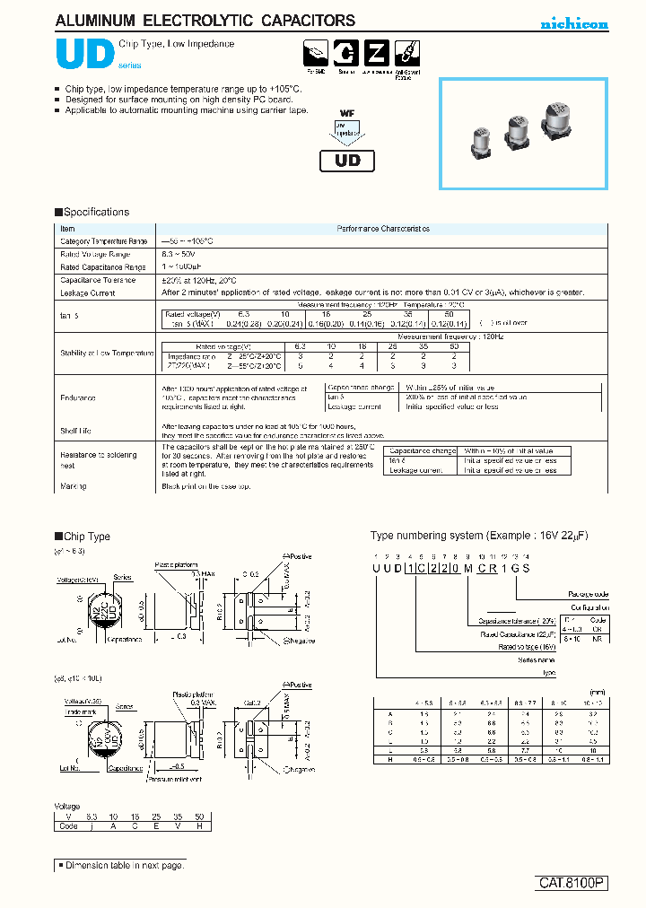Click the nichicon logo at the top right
click(574, 24)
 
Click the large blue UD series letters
click(84, 54)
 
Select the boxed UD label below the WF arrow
click(347, 161)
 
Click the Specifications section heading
click(92, 213)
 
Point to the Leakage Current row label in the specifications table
click(87, 292)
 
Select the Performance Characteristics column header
click(383, 230)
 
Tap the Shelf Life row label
click(75, 431)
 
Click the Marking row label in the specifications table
click(74, 486)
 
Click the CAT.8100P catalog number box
click(572, 884)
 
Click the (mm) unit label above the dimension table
click(597, 692)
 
